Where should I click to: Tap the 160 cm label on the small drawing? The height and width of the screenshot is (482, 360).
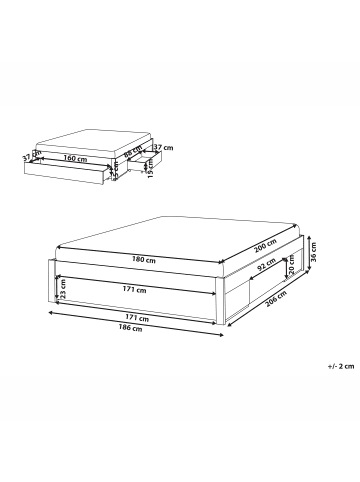pos(71,157)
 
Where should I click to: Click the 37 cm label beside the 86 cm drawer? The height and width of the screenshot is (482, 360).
pos(159,148)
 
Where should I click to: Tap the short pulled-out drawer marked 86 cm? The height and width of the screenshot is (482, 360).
pos(137,166)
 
